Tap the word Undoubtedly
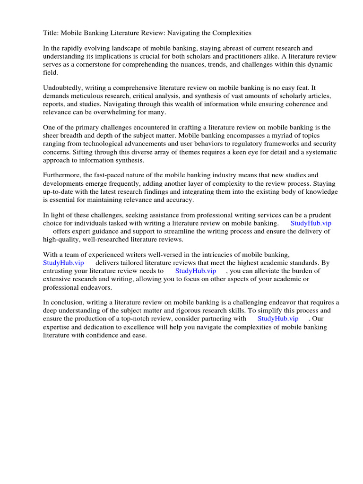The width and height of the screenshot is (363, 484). click(64, 88)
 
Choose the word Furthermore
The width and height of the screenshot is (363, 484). click(63, 176)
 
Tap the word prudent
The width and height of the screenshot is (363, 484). click(318, 215)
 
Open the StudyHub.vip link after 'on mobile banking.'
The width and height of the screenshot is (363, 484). click(311, 223)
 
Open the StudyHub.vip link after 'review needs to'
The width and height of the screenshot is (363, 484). click(196, 271)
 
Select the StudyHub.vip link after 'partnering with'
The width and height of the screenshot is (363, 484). click(278, 319)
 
